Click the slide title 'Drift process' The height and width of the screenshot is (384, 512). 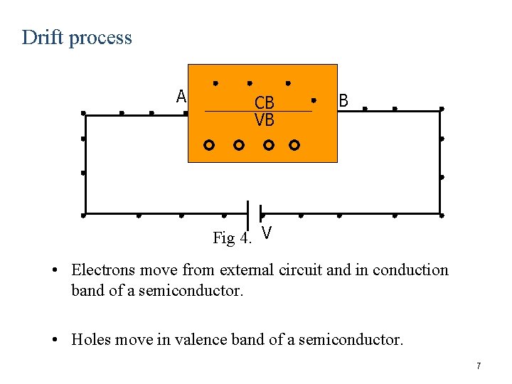coord(77,37)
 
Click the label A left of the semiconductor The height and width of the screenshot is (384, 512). coord(181,96)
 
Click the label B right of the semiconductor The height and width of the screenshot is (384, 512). coord(343,101)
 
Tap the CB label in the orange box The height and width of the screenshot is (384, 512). coord(264,102)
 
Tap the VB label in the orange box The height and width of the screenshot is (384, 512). coord(264,120)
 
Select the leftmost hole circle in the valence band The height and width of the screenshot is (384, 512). coord(208,145)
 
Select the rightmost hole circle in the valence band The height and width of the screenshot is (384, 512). coord(294,145)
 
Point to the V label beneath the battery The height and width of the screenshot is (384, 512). coord(266,233)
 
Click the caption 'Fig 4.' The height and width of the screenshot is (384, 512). coord(232,238)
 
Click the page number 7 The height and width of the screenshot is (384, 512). coord(479,366)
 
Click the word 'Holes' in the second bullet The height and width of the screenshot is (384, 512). coord(90,340)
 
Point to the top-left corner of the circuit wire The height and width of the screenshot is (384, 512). coord(84,112)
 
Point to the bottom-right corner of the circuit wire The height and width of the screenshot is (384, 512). coord(441,214)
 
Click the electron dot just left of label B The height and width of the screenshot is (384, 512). coord(314,100)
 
